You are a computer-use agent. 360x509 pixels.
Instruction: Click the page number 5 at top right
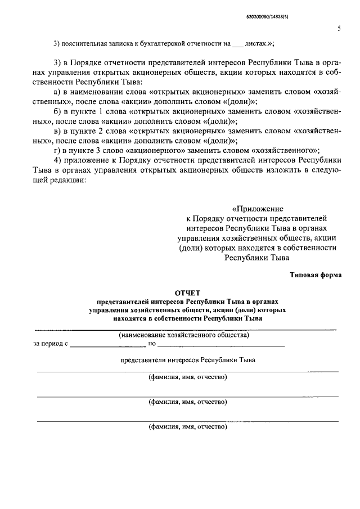coord(339,28)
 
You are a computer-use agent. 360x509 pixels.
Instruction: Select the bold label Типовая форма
coord(316,275)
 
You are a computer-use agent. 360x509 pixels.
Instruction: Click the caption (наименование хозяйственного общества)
coord(184,335)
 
